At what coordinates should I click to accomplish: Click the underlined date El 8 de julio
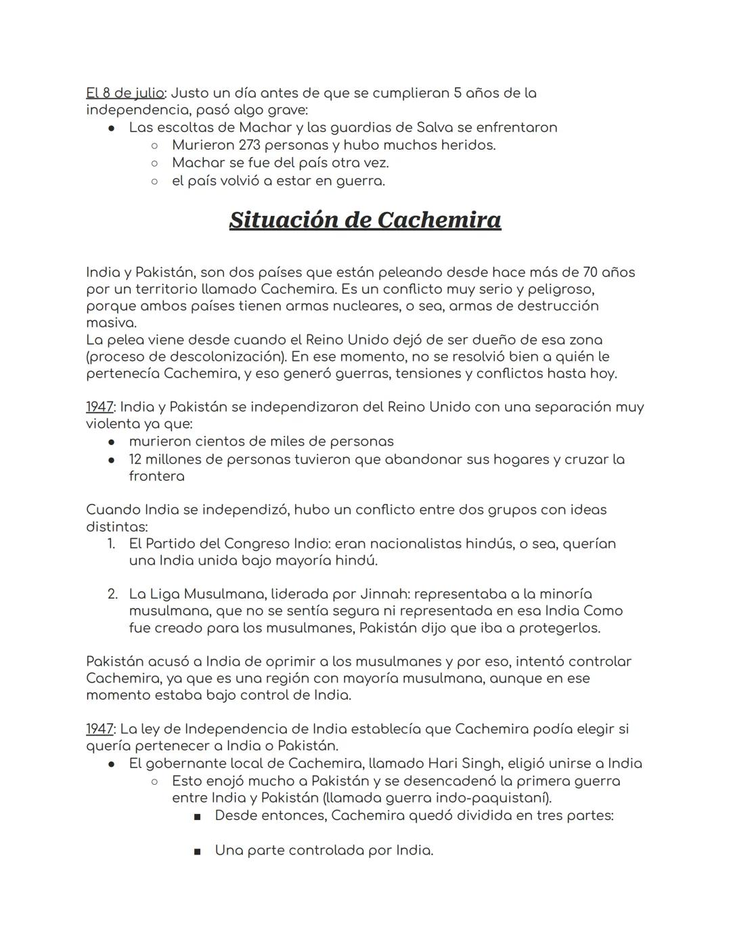click(125, 93)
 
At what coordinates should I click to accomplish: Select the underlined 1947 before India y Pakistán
click(99, 407)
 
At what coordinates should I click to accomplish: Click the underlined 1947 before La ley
click(99, 729)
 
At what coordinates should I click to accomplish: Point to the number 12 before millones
click(135, 459)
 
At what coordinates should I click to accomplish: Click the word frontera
click(156, 476)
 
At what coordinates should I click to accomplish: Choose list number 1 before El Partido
click(112, 544)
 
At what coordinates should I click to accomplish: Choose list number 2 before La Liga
click(112, 594)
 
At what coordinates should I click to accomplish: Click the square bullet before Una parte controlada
click(197, 851)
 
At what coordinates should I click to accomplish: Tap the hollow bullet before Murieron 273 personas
click(154, 146)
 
